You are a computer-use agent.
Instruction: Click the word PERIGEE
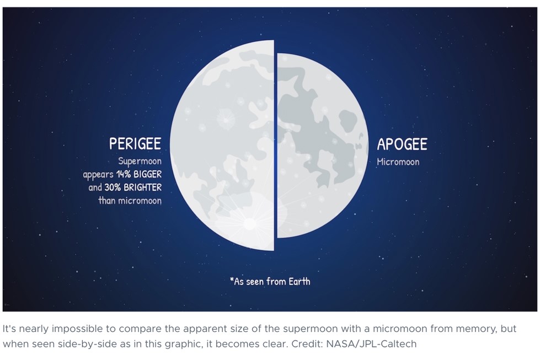click(135, 143)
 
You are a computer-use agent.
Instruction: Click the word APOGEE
click(402, 144)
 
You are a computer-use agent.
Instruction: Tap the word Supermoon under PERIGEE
click(140, 162)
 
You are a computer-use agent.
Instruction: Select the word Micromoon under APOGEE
click(398, 162)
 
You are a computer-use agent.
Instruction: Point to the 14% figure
click(124, 174)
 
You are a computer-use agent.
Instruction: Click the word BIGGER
click(147, 174)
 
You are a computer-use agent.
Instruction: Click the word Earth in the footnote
click(300, 282)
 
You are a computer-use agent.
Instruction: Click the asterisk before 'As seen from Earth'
click(232, 280)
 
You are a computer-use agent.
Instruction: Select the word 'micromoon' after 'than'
click(140, 200)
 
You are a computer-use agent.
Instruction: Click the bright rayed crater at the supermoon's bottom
click(249, 224)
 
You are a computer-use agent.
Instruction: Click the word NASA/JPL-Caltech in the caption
click(371, 344)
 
